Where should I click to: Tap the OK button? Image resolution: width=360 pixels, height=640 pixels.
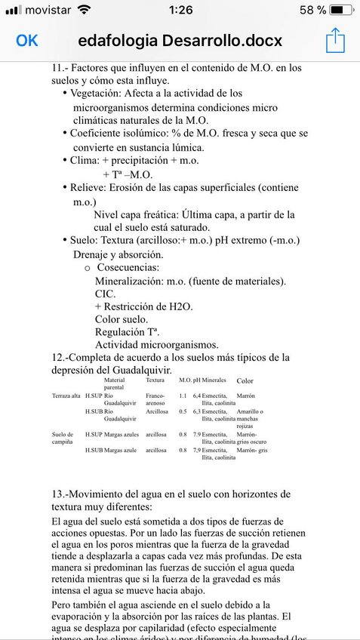coord(27,40)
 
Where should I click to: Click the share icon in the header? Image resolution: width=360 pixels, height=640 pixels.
coord(335,40)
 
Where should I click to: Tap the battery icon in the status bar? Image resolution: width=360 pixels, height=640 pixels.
coord(340,10)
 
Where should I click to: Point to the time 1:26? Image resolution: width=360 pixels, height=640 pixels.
coord(180,10)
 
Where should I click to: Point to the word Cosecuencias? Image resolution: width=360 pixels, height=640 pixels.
coord(128,268)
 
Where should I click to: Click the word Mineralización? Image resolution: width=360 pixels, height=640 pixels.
coord(135,281)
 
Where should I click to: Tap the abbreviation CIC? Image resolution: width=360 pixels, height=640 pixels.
coord(105,294)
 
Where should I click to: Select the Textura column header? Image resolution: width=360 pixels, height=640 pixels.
coord(155,380)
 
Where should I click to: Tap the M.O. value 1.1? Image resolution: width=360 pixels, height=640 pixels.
coord(183,395)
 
